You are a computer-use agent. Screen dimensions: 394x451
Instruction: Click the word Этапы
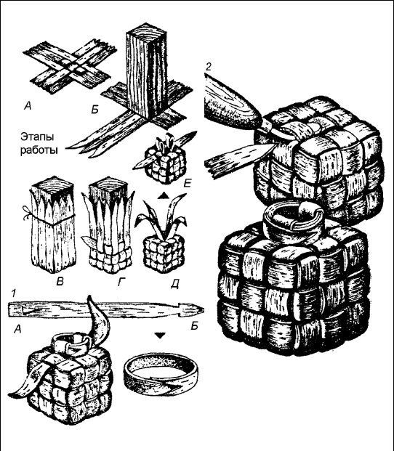[x=37, y=137]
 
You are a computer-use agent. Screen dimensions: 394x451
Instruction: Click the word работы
[x=39, y=150]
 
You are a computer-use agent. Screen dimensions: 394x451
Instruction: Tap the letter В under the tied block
[x=60, y=282]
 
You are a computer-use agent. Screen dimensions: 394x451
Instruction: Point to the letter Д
[x=174, y=284]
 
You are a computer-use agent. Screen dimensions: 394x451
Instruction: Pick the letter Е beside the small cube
[x=187, y=183]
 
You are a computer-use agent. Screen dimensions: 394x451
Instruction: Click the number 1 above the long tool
[x=12, y=293]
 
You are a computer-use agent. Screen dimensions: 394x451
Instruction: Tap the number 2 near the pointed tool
[x=209, y=67]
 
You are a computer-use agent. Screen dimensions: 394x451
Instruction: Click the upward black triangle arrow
[x=164, y=196]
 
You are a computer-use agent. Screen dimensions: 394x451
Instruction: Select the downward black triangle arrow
[x=159, y=336]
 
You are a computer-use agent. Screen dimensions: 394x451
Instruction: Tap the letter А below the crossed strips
[x=28, y=107]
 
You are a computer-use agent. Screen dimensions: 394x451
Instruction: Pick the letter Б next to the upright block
[x=95, y=109]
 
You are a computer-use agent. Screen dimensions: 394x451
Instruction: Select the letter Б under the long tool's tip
[x=195, y=326]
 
